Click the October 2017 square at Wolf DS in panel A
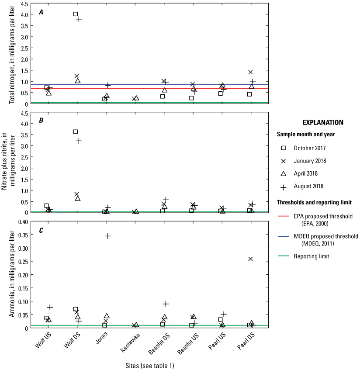[x=76, y=14]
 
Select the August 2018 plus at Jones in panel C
[x=107, y=236]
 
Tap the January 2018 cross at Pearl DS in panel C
[x=251, y=259]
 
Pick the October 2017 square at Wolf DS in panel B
[x=76, y=131]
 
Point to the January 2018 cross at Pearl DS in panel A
[x=251, y=72]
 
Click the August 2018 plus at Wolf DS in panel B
[x=79, y=141]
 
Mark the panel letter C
[x=41, y=230]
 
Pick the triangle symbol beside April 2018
[x=283, y=174]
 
